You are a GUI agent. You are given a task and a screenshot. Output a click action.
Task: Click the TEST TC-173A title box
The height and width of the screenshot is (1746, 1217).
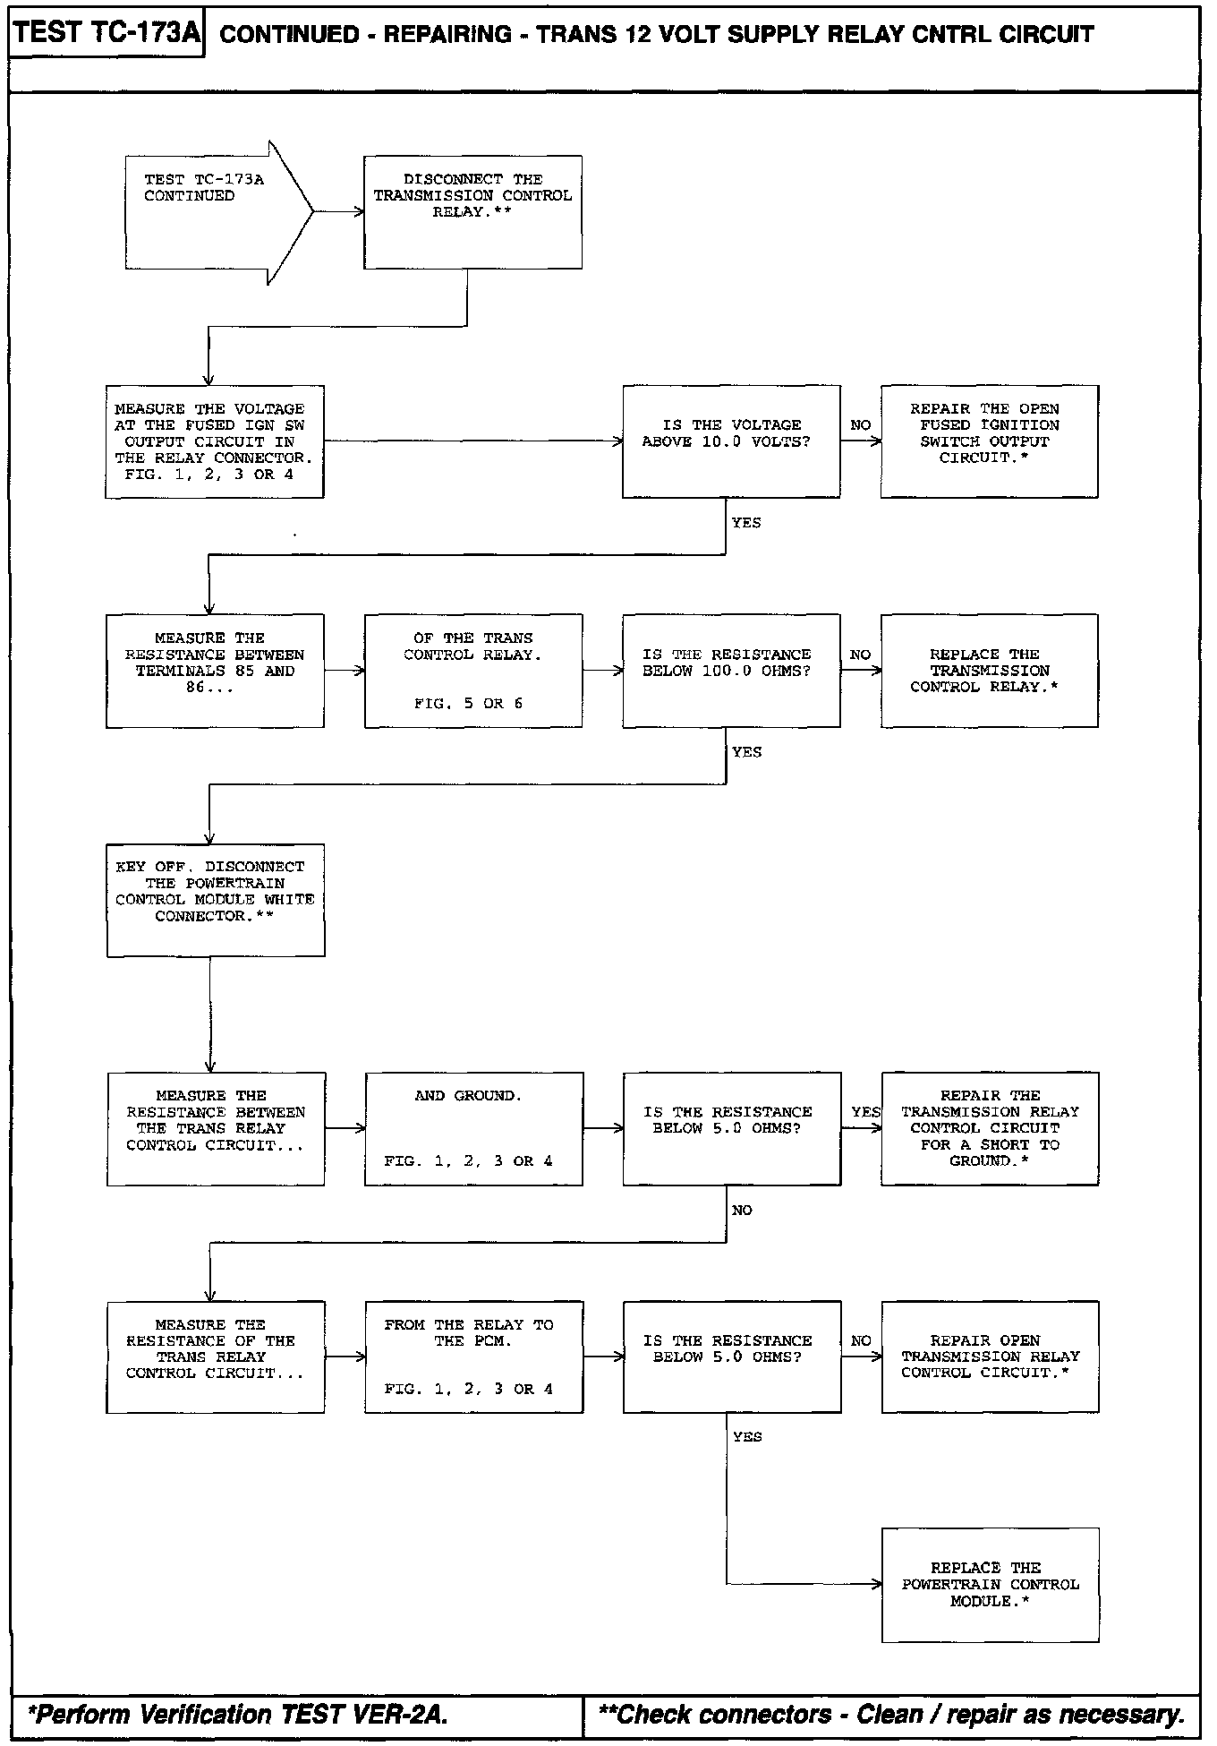(106, 34)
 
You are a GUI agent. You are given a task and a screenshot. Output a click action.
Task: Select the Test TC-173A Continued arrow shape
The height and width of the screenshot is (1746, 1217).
(215, 212)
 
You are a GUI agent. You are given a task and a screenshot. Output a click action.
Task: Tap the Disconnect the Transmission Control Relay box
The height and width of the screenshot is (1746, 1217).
(472, 212)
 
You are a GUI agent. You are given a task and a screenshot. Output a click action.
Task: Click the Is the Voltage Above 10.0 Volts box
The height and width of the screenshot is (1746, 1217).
(731, 441)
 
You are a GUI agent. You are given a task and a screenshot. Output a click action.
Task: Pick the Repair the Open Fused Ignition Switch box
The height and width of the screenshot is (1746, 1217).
(989, 441)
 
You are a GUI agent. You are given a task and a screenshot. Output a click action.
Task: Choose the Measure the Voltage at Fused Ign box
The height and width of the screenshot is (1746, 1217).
(214, 441)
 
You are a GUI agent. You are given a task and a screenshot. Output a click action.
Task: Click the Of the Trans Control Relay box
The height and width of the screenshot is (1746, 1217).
(472, 671)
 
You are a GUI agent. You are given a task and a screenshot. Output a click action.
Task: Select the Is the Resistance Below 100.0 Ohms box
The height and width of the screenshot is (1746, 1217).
(731, 671)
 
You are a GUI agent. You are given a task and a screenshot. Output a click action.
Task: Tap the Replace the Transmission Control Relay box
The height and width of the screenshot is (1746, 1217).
(989, 671)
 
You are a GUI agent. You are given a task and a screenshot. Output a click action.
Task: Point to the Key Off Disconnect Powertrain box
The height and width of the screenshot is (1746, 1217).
(215, 900)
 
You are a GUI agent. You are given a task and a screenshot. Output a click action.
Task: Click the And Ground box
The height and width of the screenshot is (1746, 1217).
(473, 1129)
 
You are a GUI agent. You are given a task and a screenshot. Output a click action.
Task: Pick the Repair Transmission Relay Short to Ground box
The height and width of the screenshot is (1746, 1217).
(990, 1129)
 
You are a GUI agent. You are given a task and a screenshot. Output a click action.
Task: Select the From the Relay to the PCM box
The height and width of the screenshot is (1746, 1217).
(473, 1357)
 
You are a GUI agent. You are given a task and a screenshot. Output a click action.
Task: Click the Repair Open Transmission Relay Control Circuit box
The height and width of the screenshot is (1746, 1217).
(990, 1357)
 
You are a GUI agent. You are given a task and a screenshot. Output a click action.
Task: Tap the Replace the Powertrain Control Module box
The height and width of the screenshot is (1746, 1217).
(990, 1586)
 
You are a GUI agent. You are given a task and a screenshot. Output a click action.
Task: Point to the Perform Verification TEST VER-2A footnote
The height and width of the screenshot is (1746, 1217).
(238, 1715)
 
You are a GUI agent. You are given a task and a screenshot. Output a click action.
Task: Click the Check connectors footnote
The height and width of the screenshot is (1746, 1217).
(891, 1715)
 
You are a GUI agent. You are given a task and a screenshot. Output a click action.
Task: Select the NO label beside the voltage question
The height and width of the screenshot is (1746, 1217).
(860, 425)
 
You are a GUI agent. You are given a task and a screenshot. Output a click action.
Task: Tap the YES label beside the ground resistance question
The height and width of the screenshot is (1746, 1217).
(865, 1112)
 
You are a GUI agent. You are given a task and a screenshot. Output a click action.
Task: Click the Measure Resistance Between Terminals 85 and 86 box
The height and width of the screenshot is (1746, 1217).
(215, 671)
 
